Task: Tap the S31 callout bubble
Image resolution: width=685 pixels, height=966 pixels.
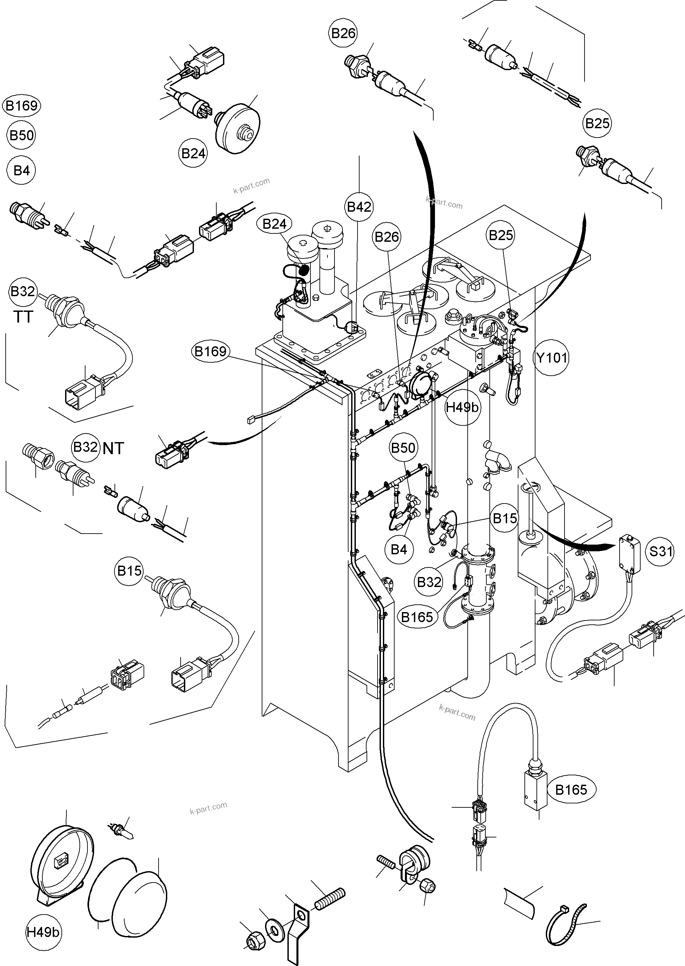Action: (x=660, y=551)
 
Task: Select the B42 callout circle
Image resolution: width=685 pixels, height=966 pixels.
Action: (x=359, y=207)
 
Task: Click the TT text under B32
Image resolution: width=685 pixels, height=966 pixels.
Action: (x=23, y=317)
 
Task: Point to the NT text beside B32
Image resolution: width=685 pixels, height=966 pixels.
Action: (x=113, y=448)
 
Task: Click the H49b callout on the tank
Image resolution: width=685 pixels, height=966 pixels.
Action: (x=462, y=407)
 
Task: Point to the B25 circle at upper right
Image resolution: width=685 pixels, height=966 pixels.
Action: (x=598, y=123)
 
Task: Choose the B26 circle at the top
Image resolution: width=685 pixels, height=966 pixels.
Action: (x=344, y=33)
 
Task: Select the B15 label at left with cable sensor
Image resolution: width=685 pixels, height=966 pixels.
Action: (x=129, y=571)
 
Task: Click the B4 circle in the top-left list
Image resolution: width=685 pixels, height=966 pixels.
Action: (x=21, y=170)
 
